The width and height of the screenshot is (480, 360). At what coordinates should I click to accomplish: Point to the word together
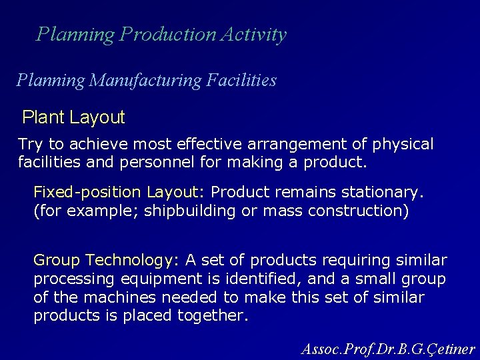[211, 315]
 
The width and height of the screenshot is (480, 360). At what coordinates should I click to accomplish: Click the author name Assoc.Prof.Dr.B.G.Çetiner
[388, 348]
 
